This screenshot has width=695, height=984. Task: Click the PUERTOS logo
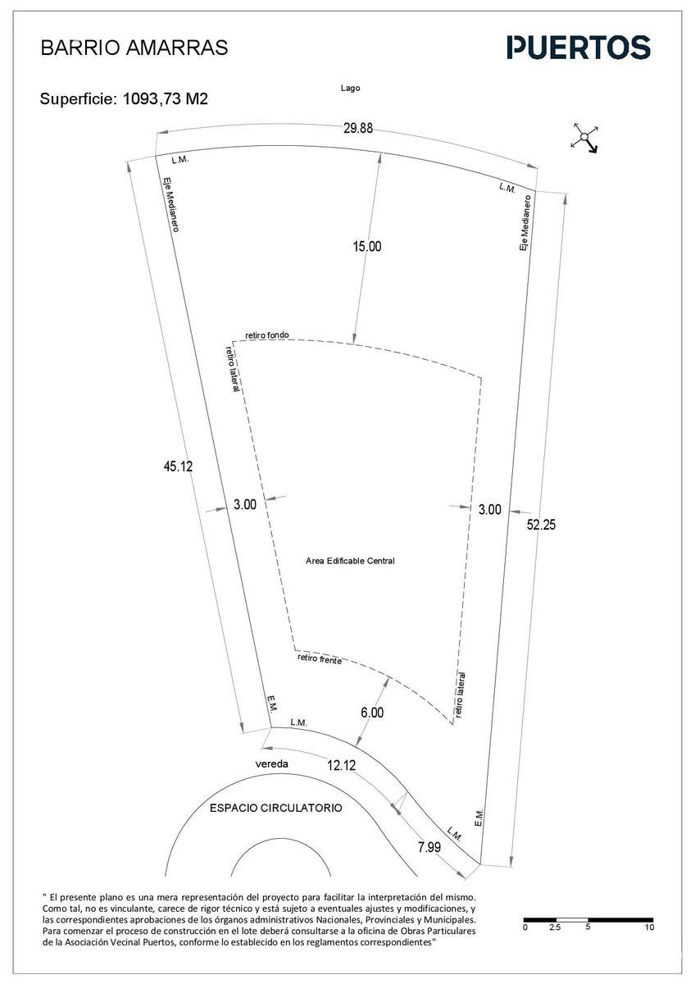click(579, 47)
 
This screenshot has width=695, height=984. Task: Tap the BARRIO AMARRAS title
click(134, 48)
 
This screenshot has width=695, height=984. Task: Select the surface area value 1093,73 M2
click(165, 99)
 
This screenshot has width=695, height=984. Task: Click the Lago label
click(350, 88)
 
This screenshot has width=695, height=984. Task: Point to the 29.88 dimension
click(358, 128)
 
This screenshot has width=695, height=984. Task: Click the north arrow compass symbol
click(585, 138)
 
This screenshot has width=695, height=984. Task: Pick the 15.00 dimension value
click(367, 247)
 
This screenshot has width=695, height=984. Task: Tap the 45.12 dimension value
click(178, 466)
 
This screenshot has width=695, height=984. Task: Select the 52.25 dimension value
click(541, 525)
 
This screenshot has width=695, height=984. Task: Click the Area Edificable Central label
click(350, 561)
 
